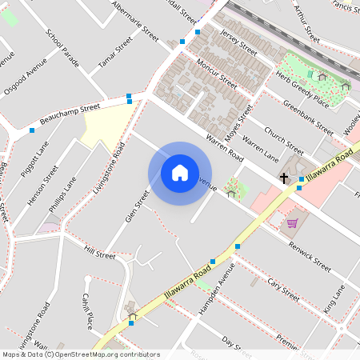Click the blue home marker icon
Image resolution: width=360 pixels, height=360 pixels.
[180, 173]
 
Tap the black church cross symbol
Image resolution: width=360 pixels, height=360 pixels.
[284, 178]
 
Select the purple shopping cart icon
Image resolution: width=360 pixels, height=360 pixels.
[292, 223]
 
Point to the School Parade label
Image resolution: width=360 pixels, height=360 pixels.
[63, 48]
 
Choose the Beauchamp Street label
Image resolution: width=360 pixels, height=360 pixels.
[70, 110]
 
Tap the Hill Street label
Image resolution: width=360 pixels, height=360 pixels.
[100, 254]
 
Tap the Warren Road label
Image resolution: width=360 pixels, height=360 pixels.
[224, 150]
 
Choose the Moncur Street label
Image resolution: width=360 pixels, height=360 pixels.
[217, 72]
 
